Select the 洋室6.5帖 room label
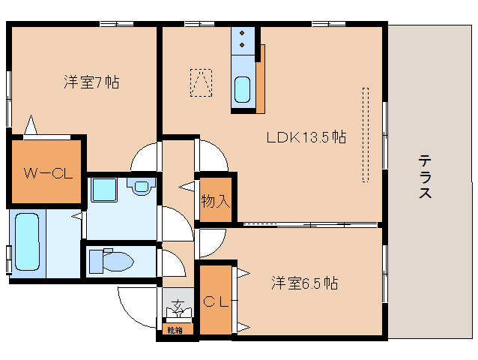coord(303,283)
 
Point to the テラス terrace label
coord(424,177)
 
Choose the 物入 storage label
coord(215,200)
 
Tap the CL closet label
coord(216,302)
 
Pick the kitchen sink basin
coord(243,90)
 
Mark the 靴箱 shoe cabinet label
coord(175,329)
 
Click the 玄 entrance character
coord(177,305)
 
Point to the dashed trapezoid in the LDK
coord(201,83)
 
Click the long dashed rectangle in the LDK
coord(366,134)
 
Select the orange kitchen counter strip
coord(261,78)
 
